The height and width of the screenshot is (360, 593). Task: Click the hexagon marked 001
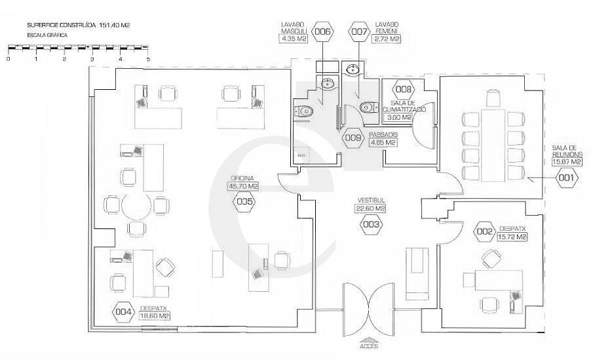pyautogui.click(x=566, y=176)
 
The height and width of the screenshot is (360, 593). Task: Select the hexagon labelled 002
pyautogui.click(x=485, y=232)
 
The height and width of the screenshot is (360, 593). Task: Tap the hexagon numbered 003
pyautogui.click(x=371, y=224)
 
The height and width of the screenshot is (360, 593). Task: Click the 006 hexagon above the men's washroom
pyautogui.click(x=323, y=31)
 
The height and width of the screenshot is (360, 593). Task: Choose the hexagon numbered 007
pyautogui.click(x=359, y=31)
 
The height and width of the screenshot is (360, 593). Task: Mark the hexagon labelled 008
pyautogui.click(x=403, y=89)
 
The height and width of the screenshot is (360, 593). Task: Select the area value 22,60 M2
pyautogui.click(x=371, y=209)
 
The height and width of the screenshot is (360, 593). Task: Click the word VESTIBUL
pyautogui.click(x=370, y=199)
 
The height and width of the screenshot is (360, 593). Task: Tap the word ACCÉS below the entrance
pyautogui.click(x=369, y=346)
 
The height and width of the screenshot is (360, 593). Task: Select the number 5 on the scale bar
pyautogui.click(x=149, y=59)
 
